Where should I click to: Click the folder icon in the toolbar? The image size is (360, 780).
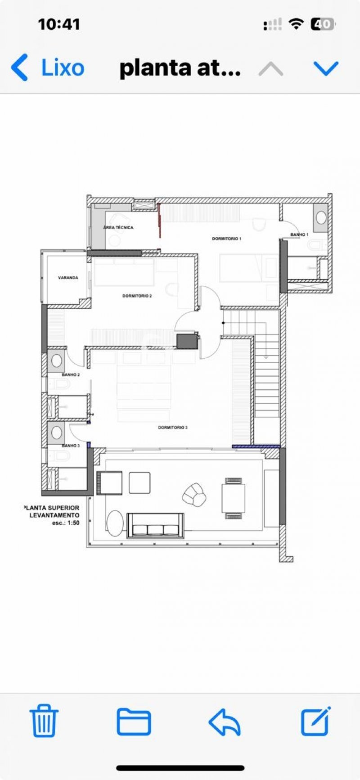[134, 721]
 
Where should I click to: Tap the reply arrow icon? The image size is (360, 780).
[225, 722]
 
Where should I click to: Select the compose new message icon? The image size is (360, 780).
[316, 721]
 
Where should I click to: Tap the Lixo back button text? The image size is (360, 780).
[63, 68]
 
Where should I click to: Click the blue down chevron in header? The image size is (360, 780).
[325, 68]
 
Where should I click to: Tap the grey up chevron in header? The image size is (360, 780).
[271, 69]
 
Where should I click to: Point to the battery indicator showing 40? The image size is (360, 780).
[323, 24]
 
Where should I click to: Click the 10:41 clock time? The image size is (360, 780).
[59, 24]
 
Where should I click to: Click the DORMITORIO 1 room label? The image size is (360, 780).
[227, 239]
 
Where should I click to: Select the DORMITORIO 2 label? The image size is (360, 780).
[137, 296]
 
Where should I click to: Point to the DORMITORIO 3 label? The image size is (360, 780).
[173, 427]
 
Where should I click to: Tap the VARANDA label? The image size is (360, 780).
[68, 278]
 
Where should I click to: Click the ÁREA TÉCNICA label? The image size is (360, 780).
[118, 227]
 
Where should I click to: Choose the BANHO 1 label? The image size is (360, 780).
[299, 234]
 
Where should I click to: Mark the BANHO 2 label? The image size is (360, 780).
[71, 374]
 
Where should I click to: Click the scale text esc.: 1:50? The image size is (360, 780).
[66, 523]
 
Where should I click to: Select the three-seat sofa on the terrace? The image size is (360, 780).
[156, 525]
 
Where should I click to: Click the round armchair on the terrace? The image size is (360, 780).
[194, 494]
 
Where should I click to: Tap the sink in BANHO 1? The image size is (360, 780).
[321, 217]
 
